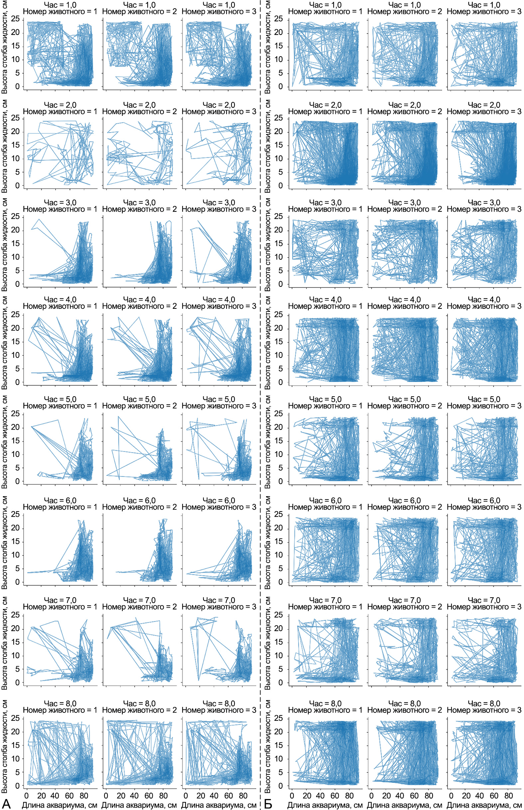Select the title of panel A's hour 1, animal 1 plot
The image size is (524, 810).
(x=60, y=9)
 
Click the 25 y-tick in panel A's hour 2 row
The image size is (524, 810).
(x=16, y=118)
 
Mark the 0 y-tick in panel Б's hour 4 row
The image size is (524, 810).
(x=281, y=382)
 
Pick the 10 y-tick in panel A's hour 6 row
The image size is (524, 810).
(x=16, y=555)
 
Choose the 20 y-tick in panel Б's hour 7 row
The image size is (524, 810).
(x=278, y=628)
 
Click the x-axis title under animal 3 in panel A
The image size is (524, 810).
(x=219, y=805)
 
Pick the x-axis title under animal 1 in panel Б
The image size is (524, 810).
(x=325, y=805)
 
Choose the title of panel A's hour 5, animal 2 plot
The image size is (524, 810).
(x=139, y=402)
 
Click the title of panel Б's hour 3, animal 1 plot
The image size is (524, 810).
(x=325, y=206)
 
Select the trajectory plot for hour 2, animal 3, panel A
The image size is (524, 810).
(x=218, y=153)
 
